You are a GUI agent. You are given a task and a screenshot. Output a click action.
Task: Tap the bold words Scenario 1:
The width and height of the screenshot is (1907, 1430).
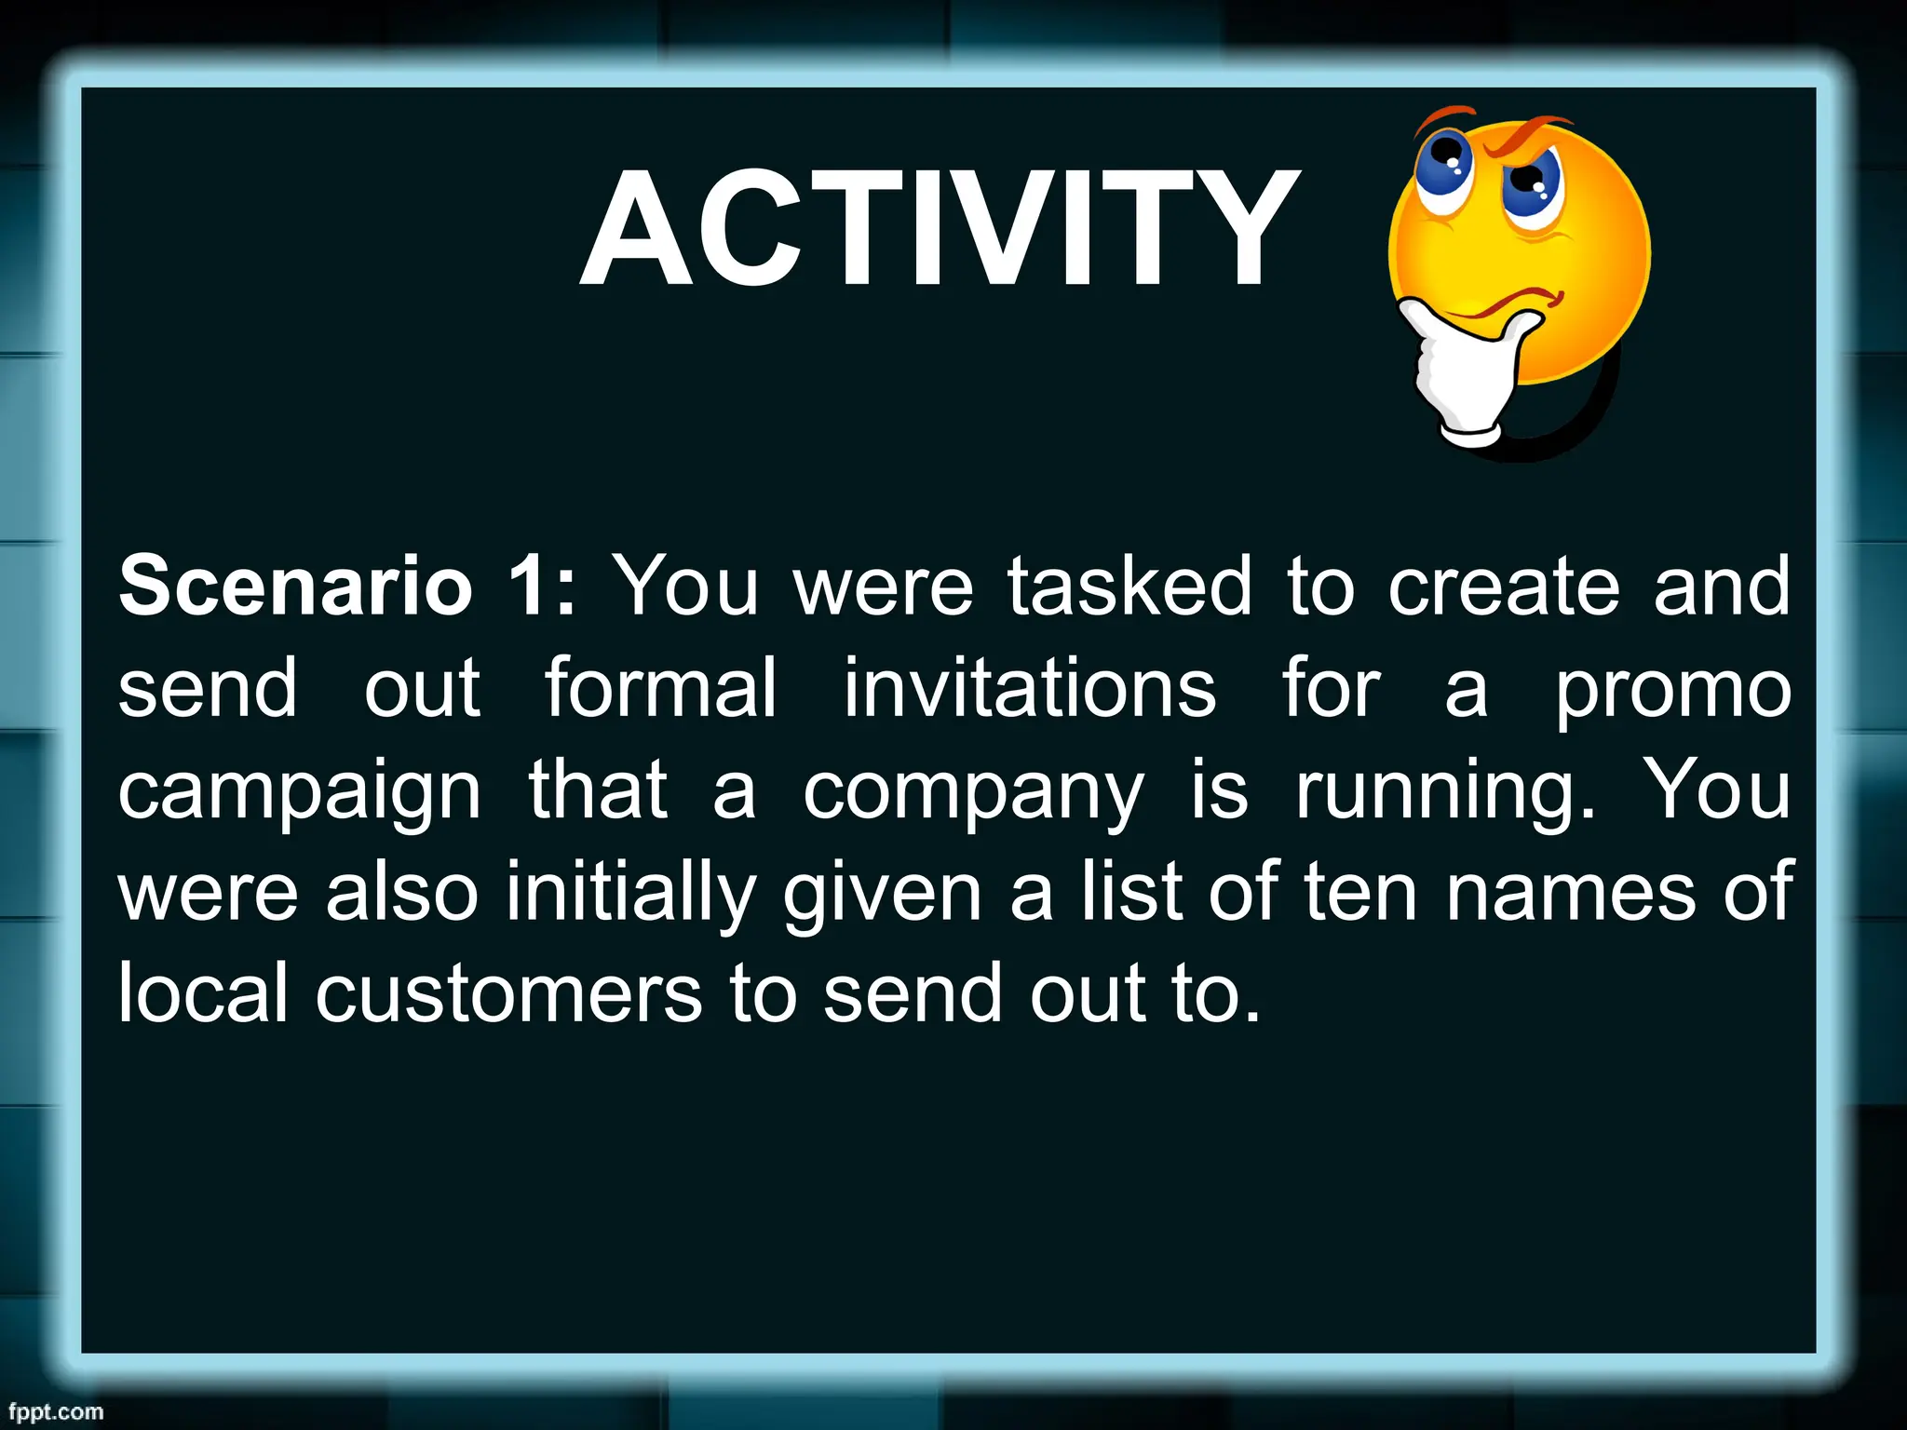[347, 587]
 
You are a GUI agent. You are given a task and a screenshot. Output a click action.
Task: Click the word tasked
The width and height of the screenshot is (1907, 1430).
[1129, 587]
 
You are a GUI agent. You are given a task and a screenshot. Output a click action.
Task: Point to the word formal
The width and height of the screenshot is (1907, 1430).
[660, 689]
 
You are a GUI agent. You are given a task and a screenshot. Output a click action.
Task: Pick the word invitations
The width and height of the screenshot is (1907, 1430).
[1029, 689]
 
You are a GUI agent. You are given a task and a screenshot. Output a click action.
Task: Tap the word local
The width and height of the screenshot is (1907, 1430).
[203, 994]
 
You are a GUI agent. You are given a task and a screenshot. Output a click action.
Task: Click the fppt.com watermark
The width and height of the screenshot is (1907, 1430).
[56, 1411]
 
